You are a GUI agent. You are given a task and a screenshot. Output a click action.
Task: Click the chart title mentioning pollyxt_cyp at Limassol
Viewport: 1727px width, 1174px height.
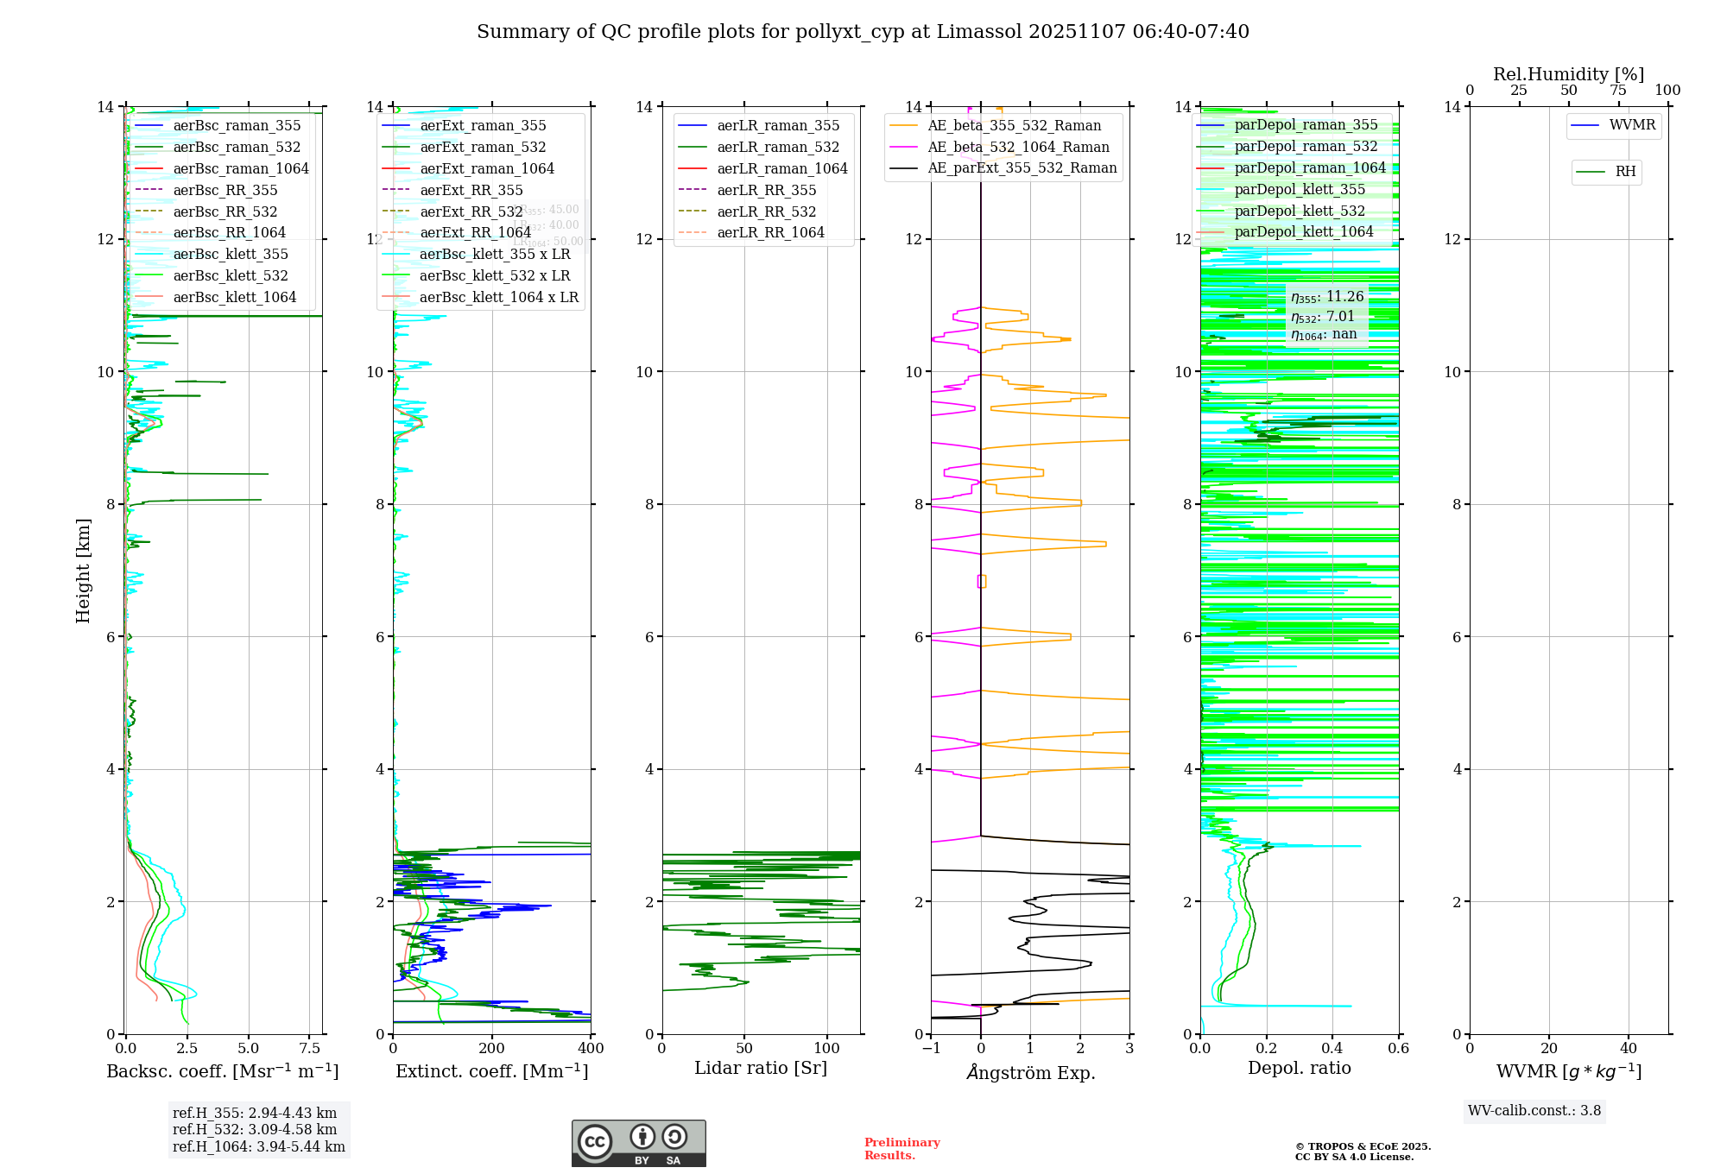[x=863, y=32]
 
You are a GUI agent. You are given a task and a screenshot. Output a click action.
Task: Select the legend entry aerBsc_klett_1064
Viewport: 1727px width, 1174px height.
[x=234, y=297]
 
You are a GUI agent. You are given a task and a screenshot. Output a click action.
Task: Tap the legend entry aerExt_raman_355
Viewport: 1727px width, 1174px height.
[x=483, y=126]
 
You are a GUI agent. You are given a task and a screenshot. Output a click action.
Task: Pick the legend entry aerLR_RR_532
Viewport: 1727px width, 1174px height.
[x=766, y=211]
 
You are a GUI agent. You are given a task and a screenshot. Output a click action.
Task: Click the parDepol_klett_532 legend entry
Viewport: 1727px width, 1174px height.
[x=1300, y=211]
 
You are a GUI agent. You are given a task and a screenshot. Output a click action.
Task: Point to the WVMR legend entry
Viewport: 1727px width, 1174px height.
[x=1631, y=125]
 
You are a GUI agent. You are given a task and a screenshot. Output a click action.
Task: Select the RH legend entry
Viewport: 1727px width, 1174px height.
[x=1625, y=172]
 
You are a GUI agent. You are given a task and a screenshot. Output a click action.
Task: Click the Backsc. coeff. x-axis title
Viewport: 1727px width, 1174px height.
[x=223, y=1071]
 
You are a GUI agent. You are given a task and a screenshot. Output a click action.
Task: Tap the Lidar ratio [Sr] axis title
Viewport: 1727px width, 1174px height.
[x=761, y=1068]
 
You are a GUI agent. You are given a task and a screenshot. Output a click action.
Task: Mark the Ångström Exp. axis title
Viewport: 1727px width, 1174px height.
[x=1030, y=1072]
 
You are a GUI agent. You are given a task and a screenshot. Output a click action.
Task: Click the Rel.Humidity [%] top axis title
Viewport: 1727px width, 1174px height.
[x=1568, y=74]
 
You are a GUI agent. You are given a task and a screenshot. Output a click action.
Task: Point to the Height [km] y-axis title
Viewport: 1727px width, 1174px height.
[x=83, y=570]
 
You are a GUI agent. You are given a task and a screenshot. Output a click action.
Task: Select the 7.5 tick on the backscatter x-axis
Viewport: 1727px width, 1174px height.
[x=310, y=1049]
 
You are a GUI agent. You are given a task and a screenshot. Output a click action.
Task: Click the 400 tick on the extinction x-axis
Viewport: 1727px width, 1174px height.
[x=591, y=1049]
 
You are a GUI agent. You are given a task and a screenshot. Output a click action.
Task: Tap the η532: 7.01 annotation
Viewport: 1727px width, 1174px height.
[x=1323, y=317]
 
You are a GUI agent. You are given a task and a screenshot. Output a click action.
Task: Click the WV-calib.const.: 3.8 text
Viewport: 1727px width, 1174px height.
[x=1534, y=1111]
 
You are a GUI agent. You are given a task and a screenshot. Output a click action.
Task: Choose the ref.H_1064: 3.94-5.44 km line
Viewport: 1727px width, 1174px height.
[x=259, y=1147]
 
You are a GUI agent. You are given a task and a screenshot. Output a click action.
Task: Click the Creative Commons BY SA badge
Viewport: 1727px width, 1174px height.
[x=638, y=1144]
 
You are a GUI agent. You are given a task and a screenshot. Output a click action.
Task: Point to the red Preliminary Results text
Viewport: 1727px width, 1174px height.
[x=901, y=1149]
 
